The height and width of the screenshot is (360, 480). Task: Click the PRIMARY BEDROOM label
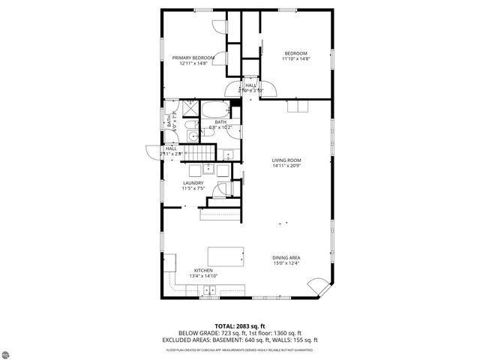[x=193, y=58]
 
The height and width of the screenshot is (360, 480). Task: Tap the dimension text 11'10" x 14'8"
[x=295, y=58]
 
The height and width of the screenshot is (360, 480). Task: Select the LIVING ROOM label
[x=286, y=160]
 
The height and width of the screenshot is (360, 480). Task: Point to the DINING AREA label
[x=286, y=258]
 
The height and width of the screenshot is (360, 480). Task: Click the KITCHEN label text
[x=203, y=270]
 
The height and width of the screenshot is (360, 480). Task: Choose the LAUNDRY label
[x=193, y=183]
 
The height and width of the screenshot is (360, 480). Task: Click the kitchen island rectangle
[x=226, y=255]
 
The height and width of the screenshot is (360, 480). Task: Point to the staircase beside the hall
[x=202, y=154]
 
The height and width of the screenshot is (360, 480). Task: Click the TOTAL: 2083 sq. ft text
[x=239, y=325]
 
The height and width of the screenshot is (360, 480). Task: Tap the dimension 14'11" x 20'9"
[x=286, y=166]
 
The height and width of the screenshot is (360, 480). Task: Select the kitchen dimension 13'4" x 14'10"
[x=203, y=276]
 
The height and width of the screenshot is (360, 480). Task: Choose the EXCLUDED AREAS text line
[x=239, y=339]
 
